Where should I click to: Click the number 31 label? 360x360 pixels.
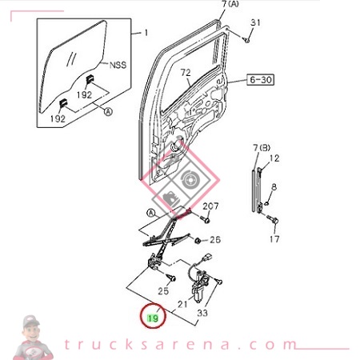pos(255,22)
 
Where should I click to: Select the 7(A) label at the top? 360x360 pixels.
pos(230,5)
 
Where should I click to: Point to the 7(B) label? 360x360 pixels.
pos(262,147)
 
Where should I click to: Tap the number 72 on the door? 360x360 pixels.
pos(186,73)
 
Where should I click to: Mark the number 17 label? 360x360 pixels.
pos(274,238)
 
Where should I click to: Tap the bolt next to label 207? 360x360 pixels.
pos(206,218)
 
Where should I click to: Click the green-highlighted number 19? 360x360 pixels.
pos(151,318)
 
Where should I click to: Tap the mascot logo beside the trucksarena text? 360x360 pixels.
pos(31,336)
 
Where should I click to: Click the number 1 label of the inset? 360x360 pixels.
pos(145,33)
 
